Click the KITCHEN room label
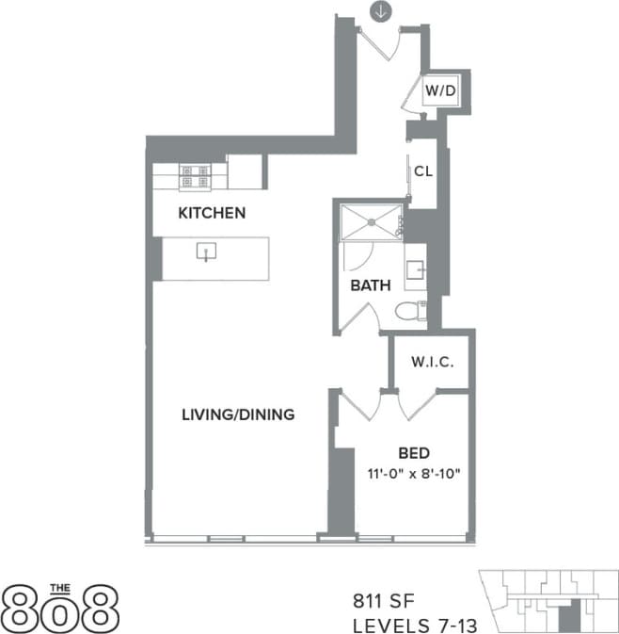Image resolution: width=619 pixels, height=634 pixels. (212, 213)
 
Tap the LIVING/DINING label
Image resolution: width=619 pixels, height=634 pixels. (238, 414)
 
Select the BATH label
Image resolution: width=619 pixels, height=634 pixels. (371, 285)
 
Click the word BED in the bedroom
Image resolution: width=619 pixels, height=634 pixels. (414, 451)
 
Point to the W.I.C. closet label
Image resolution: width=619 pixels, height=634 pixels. (431, 361)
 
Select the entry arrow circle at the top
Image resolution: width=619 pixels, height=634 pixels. (379, 12)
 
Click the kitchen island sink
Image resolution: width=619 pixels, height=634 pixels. (206, 251)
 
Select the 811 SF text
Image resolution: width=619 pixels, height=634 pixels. (381, 599)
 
